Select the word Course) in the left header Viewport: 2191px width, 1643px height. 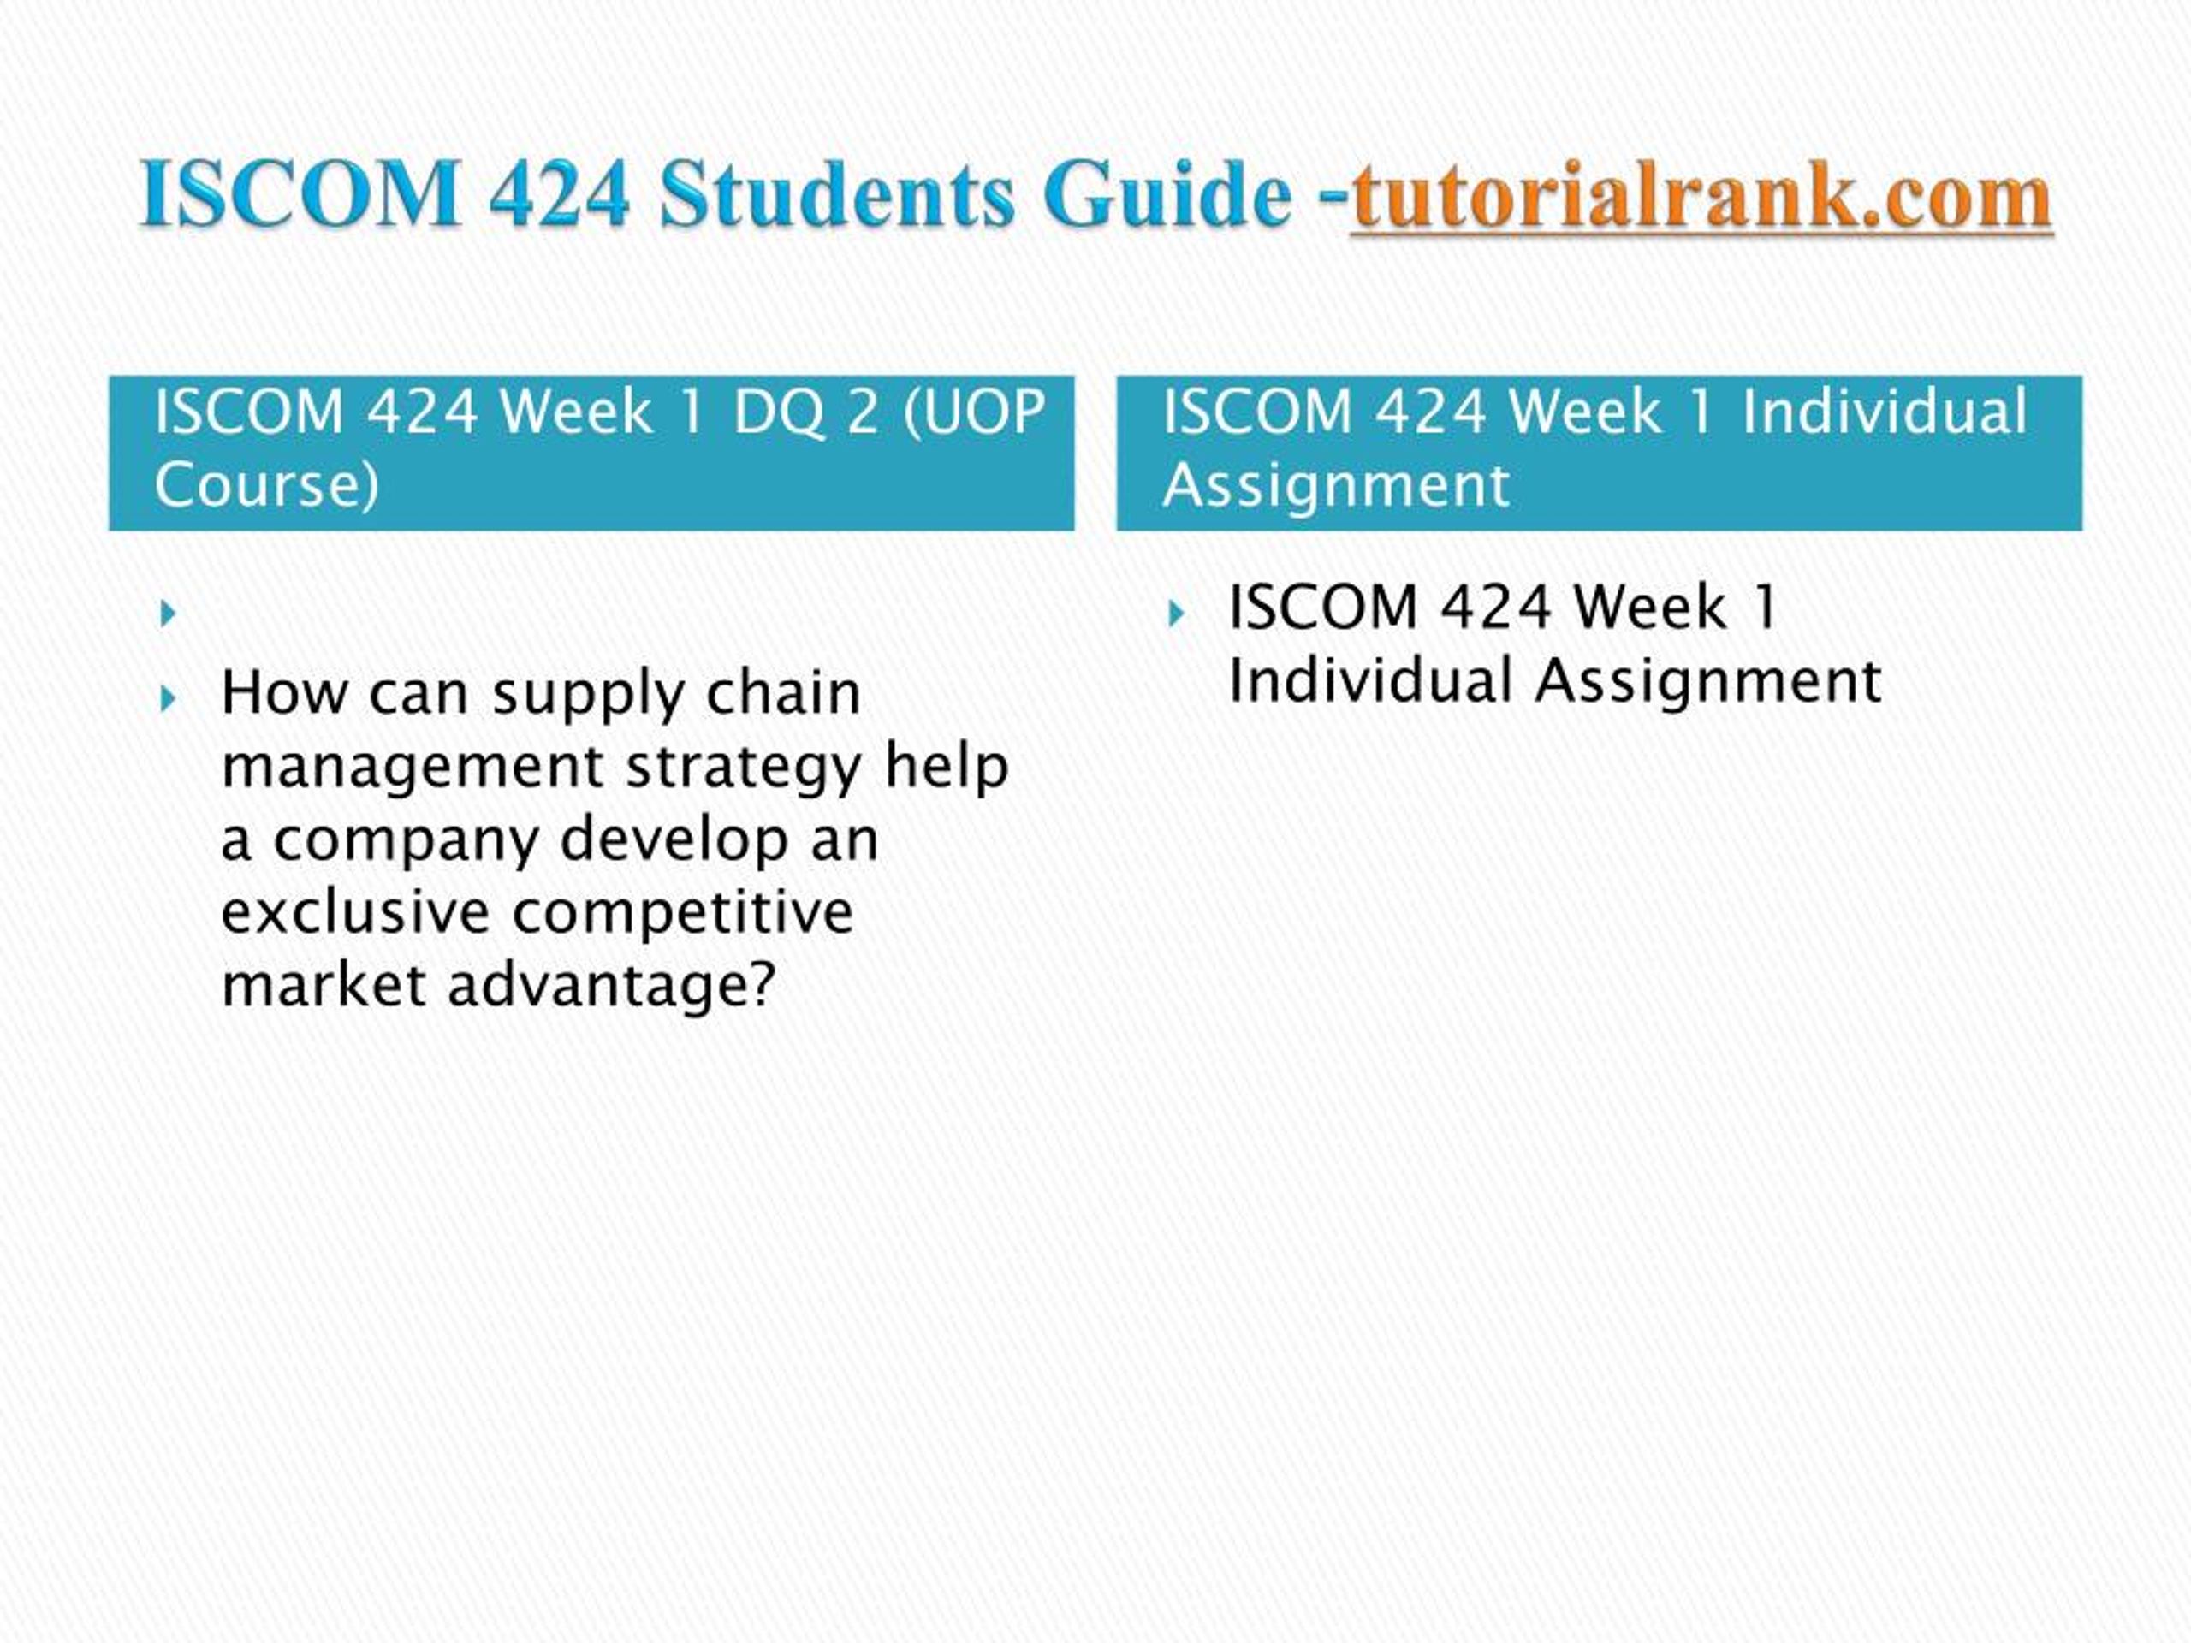266,485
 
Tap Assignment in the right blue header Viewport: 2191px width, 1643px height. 1336,486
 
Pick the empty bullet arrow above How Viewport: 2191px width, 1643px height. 169,614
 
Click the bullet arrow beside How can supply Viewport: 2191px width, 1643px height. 169,699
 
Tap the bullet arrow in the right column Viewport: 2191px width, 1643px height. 1176,614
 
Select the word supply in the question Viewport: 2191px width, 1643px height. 587,695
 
